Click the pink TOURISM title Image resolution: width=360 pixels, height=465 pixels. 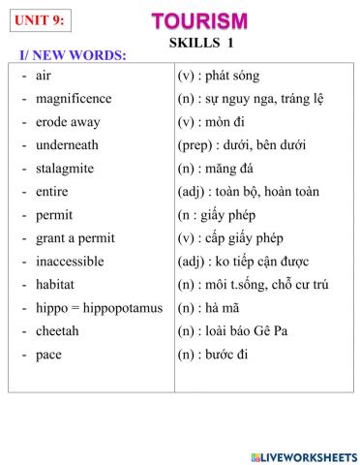pos(199,20)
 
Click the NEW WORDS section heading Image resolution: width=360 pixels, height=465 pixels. pos(73,55)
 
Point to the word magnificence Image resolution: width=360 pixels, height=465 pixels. pos(74,99)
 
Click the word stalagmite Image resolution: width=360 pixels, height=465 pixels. pos(65,169)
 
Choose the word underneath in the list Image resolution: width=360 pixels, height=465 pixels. pos(67,145)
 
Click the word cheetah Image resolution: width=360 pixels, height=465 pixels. pos(57,331)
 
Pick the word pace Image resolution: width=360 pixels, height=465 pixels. pos(48,355)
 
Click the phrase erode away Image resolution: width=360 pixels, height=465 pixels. pos(67,122)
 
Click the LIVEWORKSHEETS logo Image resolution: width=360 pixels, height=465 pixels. pos(303,455)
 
